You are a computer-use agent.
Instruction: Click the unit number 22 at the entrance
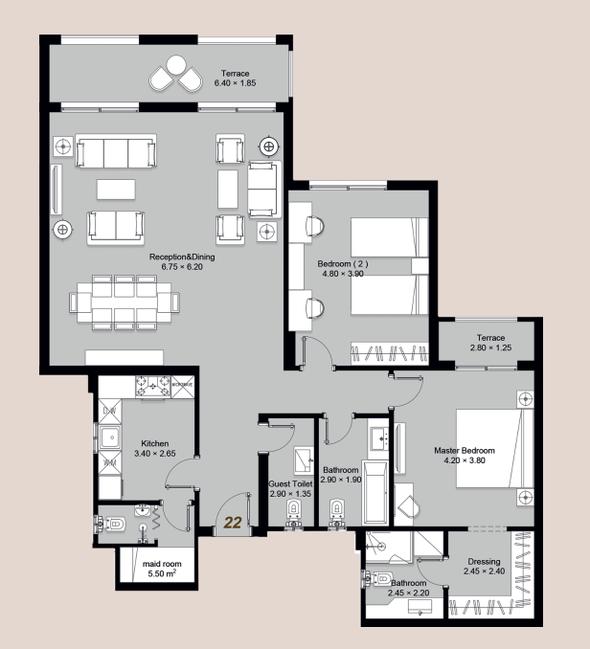pos(232,523)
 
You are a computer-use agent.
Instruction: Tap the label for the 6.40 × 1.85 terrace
pos(235,78)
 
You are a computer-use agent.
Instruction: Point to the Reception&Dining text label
pos(175,261)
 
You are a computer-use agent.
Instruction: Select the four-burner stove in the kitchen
pos(151,387)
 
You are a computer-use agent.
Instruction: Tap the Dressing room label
pos(483,567)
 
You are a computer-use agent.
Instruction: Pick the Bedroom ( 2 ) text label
pos(342,265)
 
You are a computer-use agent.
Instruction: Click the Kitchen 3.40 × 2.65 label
pos(155,449)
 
